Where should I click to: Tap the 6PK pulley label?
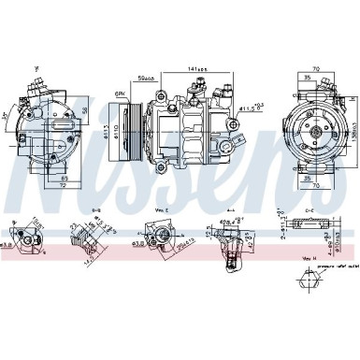(x=120, y=94)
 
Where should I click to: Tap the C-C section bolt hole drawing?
(x=316, y=226)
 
